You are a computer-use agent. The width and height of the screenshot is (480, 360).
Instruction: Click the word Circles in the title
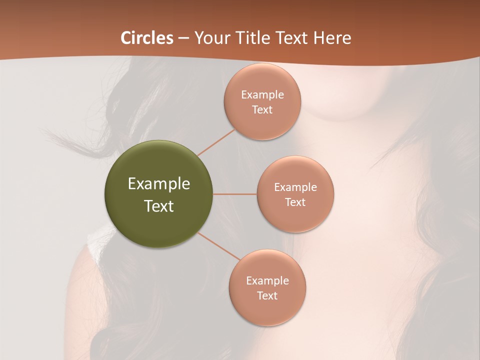tap(146, 38)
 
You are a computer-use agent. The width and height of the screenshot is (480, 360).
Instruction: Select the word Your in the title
tap(210, 38)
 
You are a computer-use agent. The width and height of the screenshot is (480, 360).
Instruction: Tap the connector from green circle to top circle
tap(216, 142)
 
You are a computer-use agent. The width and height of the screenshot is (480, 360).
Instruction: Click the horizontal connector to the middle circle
tap(235, 194)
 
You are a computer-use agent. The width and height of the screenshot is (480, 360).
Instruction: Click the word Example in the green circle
tap(159, 184)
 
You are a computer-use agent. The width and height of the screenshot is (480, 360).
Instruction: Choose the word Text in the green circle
tap(159, 206)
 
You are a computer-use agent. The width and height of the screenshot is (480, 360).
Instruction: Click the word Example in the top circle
tap(262, 95)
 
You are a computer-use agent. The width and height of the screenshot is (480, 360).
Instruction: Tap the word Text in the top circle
tap(262, 110)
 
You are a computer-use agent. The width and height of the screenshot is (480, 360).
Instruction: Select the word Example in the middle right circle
tap(295, 187)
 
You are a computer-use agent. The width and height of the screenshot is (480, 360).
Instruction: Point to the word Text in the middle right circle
tap(295, 202)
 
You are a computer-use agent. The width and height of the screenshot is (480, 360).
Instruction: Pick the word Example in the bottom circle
tap(267, 281)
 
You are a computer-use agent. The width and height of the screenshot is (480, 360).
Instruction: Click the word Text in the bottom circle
tap(267, 296)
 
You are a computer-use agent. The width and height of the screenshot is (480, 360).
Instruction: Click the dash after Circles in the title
tap(183, 38)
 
